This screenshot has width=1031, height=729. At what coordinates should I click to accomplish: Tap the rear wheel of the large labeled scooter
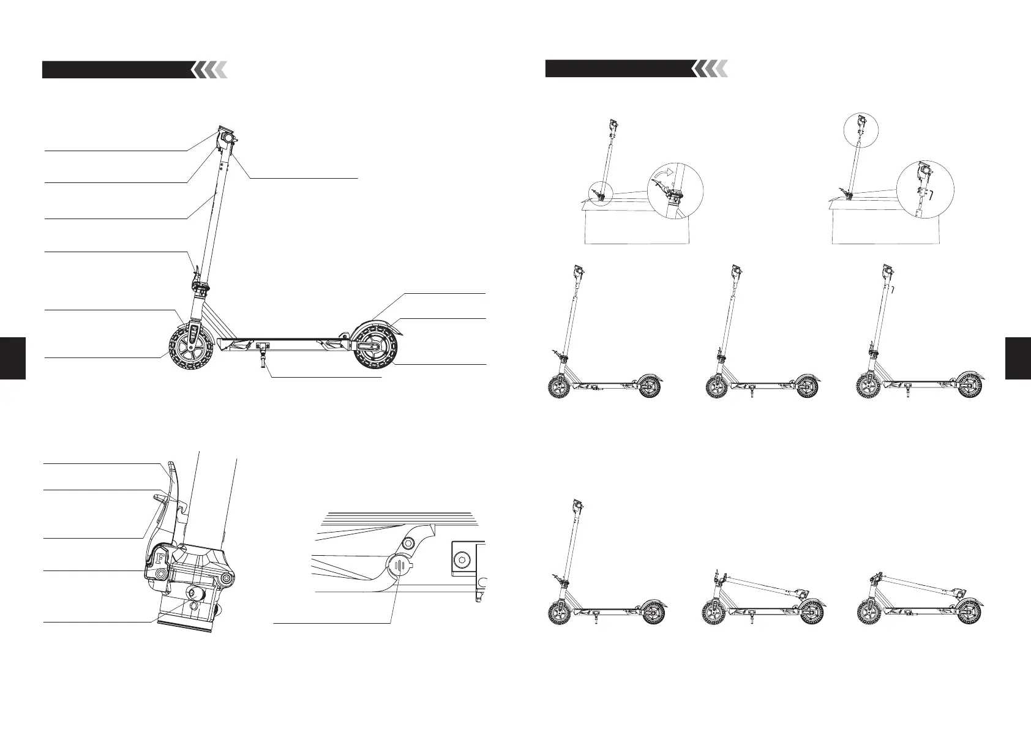click(x=373, y=346)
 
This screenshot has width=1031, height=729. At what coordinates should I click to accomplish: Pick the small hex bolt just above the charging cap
click(x=408, y=544)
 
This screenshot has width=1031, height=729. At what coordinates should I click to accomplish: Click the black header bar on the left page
click(x=116, y=70)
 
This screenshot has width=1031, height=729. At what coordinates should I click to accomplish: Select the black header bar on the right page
click(x=620, y=68)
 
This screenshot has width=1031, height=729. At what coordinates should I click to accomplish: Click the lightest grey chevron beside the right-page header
click(x=722, y=69)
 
